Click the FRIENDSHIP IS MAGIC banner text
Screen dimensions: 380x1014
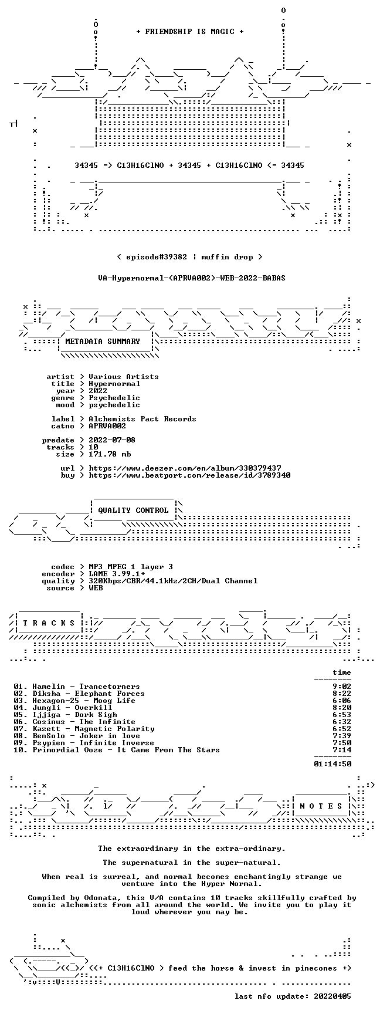pos(190,32)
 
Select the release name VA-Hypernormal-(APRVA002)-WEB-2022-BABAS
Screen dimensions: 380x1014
pos(192,278)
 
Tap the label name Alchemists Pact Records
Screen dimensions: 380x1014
pos(142,419)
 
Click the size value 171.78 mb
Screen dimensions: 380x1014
pos(110,454)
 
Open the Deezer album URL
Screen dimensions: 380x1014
pos(185,468)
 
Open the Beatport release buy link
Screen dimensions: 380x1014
pos(189,475)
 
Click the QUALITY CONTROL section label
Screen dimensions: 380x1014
pos(133,511)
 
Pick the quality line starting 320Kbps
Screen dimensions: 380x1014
pos(173,581)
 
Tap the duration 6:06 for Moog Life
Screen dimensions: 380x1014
pos(342,701)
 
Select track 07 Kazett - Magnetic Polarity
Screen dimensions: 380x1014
pos(84,729)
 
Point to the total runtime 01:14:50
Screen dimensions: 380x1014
pos(333,764)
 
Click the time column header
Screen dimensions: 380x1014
pos(342,672)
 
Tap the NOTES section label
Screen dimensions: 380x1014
pos(321,806)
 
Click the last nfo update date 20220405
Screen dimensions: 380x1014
pos(333,996)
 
